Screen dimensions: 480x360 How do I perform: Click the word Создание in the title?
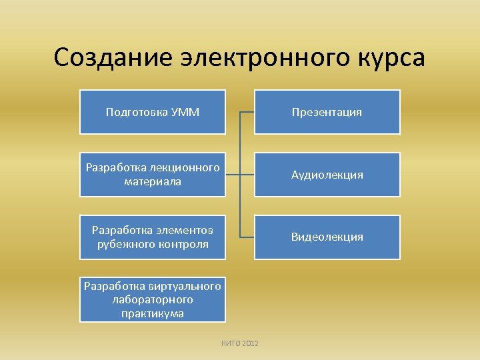[113, 58]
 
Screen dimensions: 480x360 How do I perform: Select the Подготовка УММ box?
[153, 112]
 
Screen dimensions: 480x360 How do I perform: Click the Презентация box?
[327, 112]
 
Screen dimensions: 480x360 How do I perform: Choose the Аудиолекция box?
[327, 175]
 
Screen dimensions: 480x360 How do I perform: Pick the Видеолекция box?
[327, 237]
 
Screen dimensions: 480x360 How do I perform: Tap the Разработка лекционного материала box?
[153, 175]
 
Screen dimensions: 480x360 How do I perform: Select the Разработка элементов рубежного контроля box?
[153, 237]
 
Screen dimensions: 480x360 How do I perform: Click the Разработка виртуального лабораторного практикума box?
[153, 299]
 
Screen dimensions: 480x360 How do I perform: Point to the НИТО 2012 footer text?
[240, 343]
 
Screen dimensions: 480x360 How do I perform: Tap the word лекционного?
[185, 168]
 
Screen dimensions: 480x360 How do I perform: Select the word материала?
[153, 181]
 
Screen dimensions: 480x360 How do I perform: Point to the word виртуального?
[186, 287]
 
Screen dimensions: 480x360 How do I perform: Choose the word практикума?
[153, 313]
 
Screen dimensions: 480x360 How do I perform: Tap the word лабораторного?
[153, 300]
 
